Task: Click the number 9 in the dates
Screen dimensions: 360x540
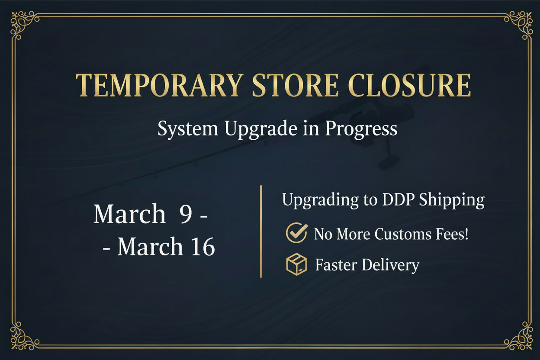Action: [186, 214]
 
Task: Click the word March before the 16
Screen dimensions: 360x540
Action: [150, 247]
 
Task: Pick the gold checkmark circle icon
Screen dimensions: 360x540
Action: [297, 233]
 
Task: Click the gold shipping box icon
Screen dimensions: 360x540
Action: [297, 264]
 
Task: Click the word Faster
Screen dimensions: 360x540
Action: [336, 264]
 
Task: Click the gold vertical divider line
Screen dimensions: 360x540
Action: [261, 231]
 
